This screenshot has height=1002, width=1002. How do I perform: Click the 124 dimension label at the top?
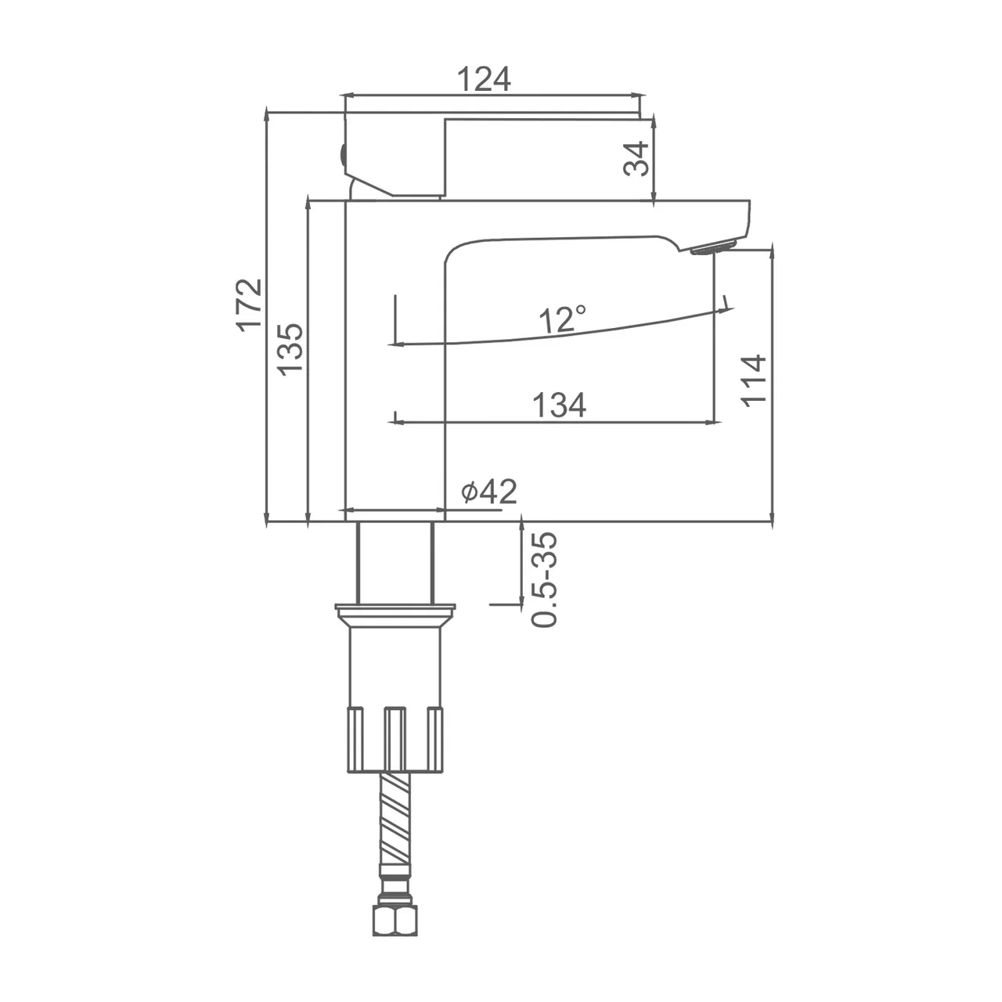coord(484,79)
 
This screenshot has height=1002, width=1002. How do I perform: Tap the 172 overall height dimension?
coord(249,305)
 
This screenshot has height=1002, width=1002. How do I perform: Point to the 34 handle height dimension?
coord(636,159)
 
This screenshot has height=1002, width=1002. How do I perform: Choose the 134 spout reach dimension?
coord(560,405)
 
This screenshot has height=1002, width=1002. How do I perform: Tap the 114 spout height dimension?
coord(753,381)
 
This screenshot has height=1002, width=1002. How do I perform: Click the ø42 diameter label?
coord(489,491)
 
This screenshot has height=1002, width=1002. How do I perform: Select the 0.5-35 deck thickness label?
coord(544,578)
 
